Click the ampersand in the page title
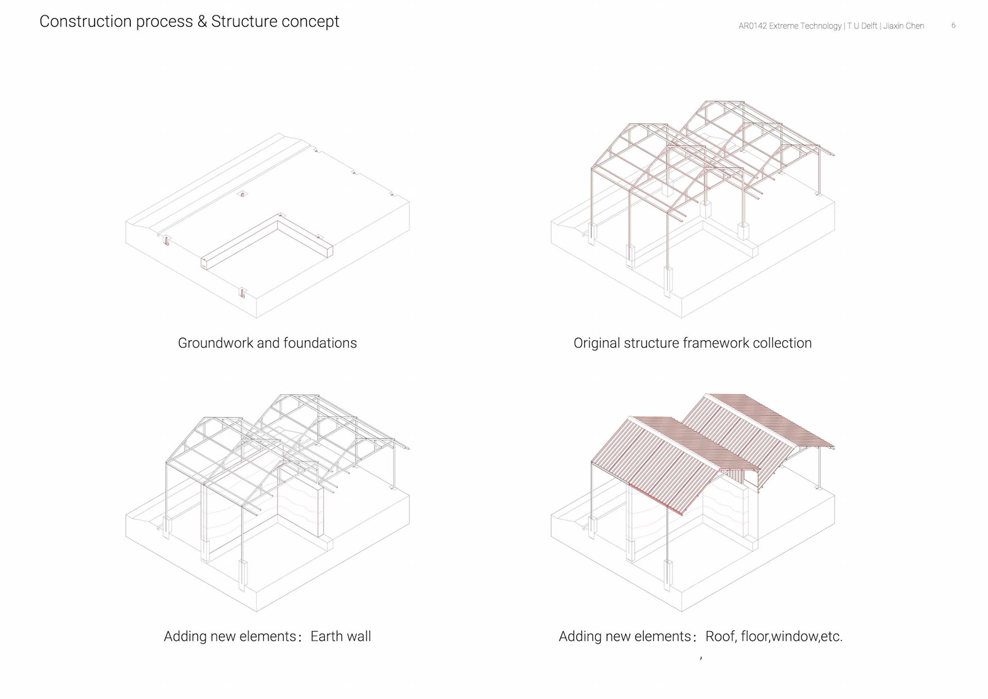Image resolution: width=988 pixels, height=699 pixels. pos(202,22)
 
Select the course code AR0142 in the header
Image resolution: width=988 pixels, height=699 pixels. pos(752,26)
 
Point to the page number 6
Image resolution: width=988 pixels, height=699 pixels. pos(954,25)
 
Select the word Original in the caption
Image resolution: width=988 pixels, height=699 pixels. pos(596,343)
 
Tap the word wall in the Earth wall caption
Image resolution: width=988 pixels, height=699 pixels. pos(359,637)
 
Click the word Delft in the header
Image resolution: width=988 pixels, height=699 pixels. pos(869,26)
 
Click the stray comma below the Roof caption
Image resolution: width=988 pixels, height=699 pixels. pos(701,657)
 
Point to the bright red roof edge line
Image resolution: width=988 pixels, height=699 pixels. pos(656,499)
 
